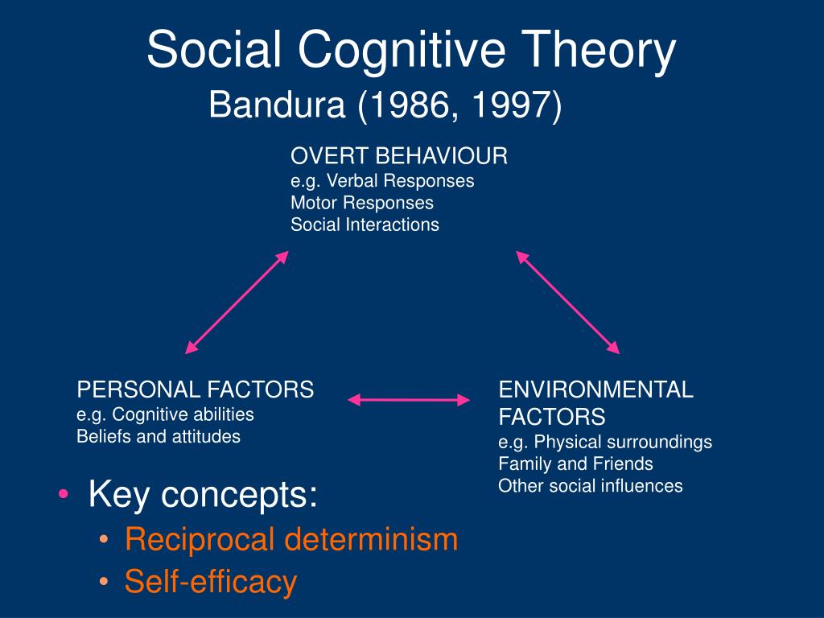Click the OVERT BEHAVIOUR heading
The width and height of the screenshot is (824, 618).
(x=399, y=156)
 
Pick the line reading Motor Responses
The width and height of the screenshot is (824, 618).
(x=362, y=203)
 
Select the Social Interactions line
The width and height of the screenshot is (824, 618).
(x=365, y=225)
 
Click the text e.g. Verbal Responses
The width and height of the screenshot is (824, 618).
(x=382, y=181)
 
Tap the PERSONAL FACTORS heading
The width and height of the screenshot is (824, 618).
(x=195, y=390)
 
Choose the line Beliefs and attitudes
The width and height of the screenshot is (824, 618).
(x=159, y=437)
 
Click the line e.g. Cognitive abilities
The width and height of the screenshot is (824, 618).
(x=165, y=414)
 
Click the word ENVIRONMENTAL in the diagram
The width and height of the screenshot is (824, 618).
(x=596, y=390)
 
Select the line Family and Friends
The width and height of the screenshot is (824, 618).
(x=575, y=464)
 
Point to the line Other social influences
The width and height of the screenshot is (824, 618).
(x=590, y=486)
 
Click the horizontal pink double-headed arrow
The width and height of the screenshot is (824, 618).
(x=409, y=400)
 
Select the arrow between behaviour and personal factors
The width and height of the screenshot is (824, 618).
(x=237, y=303)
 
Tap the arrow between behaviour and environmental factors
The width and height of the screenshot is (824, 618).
(x=568, y=303)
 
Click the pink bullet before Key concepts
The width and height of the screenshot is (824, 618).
(x=64, y=494)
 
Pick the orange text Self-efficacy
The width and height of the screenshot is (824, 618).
(x=211, y=582)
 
